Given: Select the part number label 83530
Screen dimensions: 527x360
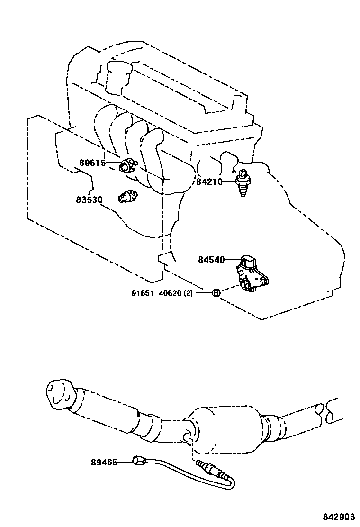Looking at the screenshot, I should [x=89, y=200].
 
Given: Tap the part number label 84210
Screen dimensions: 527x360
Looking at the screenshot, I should [x=209, y=181].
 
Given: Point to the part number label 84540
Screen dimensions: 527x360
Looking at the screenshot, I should [x=211, y=260].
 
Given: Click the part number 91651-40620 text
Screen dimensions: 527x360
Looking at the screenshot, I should [x=162, y=293].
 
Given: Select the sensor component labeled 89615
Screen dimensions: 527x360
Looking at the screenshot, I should [x=127, y=166].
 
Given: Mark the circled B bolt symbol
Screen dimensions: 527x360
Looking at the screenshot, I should [x=215, y=293].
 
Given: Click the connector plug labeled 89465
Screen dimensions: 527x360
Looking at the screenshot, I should [x=138, y=460].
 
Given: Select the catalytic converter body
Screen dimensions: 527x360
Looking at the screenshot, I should [x=227, y=424].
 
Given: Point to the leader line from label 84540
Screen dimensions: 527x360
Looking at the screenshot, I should [x=233, y=260].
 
